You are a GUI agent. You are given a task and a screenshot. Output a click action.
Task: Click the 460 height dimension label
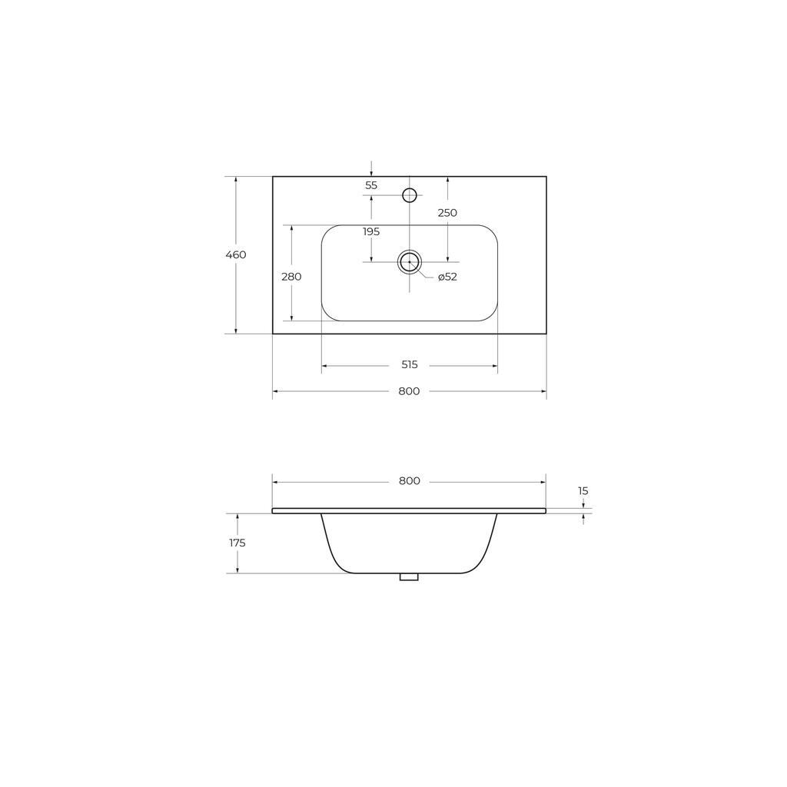[x=236, y=254]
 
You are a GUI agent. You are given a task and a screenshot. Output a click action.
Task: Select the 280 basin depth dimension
[x=291, y=277]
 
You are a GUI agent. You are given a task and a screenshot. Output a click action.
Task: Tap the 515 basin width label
[x=410, y=365]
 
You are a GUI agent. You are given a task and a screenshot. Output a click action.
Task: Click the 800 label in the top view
[x=409, y=391]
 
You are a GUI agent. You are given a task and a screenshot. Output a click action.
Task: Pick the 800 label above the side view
[x=409, y=481]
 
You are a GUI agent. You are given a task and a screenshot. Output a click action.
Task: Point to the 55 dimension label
[x=371, y=185]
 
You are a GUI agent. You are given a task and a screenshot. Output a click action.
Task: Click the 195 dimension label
[x=371, y=232]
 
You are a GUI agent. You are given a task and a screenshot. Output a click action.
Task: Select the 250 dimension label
[x=447, y=213]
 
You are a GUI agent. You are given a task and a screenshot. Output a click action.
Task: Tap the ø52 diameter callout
[x=447, y=277]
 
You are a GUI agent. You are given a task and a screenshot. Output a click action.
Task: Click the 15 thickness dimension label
[x=583, y=491]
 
